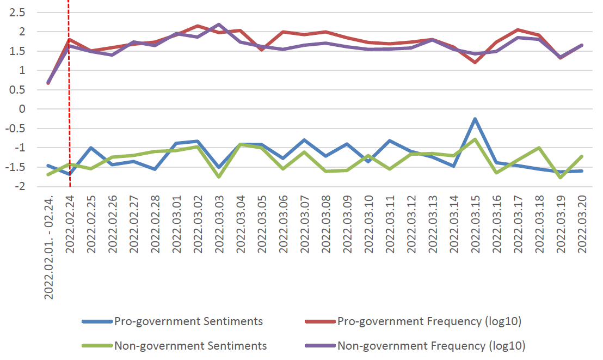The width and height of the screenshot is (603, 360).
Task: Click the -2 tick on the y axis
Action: click(21, 187)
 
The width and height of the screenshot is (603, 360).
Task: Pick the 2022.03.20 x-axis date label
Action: click(582, 225)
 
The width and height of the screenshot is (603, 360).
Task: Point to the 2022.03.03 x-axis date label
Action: click(219, 225)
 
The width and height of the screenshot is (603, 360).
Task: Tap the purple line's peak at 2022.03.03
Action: click(219, 24)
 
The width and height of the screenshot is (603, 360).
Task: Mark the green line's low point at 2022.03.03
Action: click(219, 176)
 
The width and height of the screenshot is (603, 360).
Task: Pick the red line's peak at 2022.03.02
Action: click(198, 26)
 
